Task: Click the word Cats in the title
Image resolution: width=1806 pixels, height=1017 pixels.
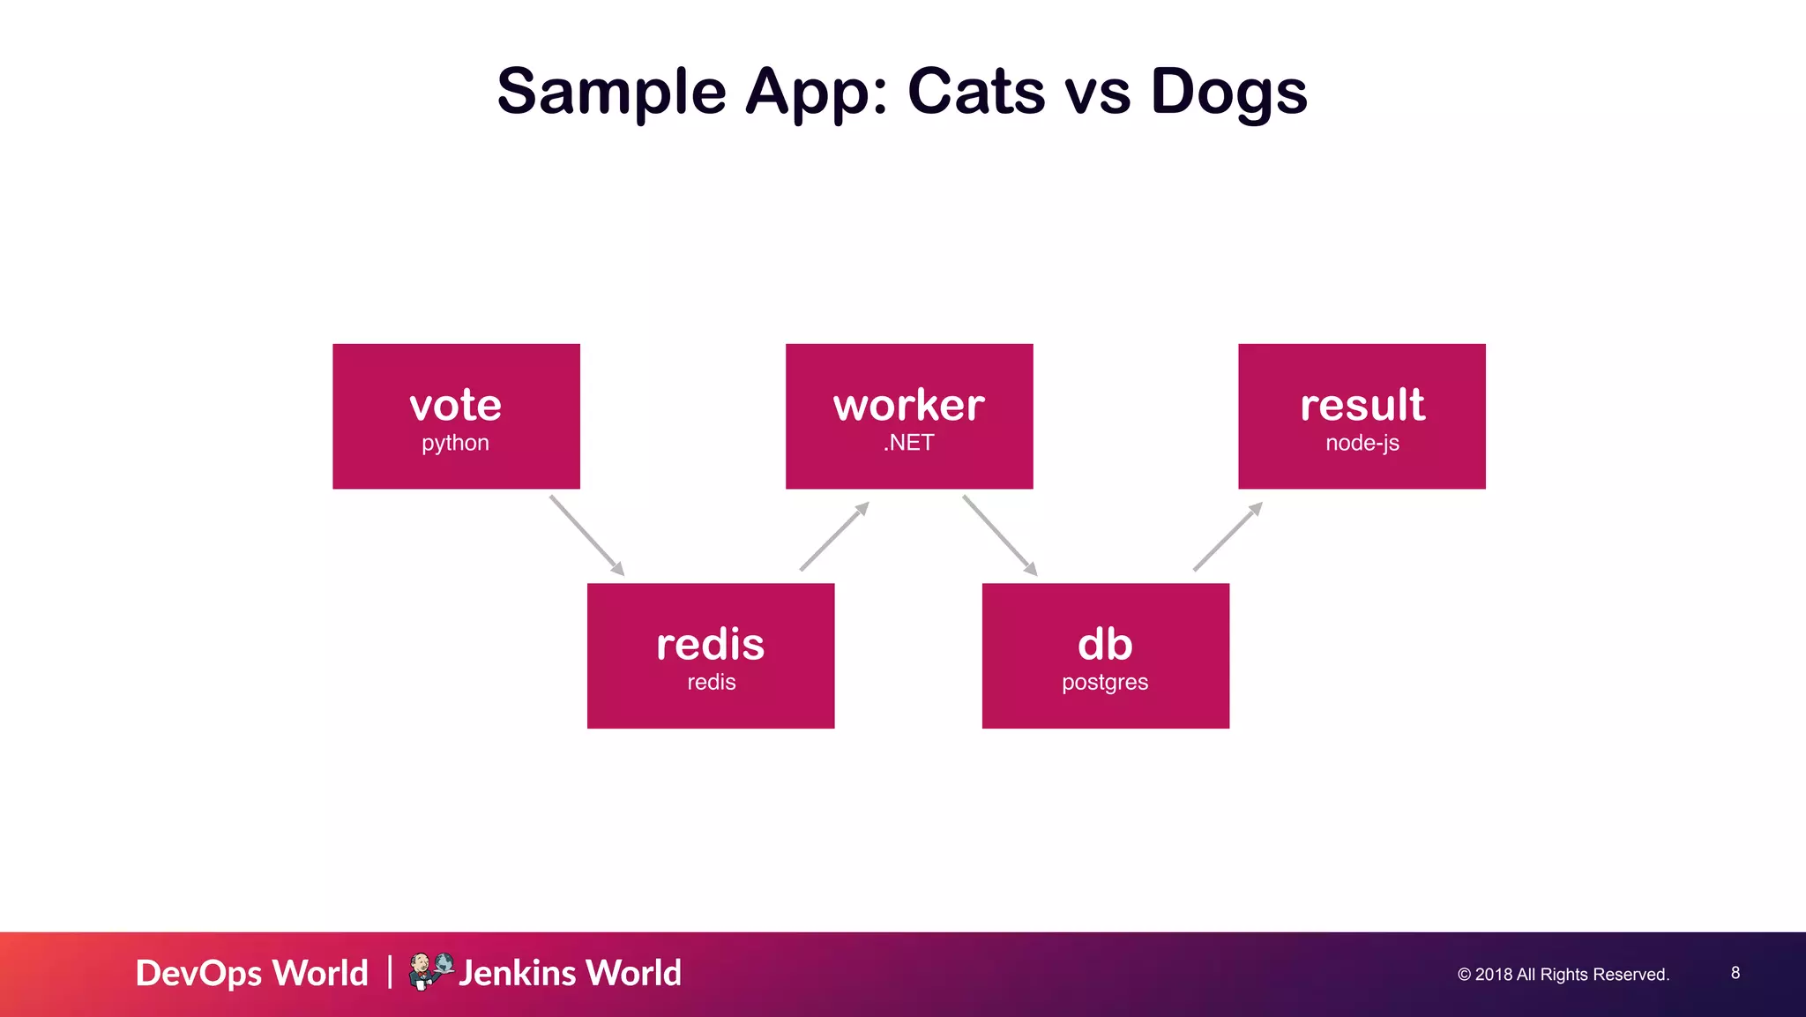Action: point(975,91)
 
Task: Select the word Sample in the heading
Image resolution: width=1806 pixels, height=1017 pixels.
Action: point(611,93)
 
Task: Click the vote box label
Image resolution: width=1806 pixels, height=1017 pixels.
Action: point(455,405)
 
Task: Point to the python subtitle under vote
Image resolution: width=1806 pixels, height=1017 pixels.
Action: point(455,443)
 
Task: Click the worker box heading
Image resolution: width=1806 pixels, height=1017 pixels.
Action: point(908,405)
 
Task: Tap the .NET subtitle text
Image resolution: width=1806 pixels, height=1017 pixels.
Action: point(908,443)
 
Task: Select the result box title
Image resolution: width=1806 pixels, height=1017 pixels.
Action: point(1362,405)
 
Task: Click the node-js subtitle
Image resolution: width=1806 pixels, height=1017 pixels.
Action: point(1362,443)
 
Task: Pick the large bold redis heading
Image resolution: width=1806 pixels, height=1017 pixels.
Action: point(710,645)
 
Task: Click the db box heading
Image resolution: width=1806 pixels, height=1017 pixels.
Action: point(1105,645)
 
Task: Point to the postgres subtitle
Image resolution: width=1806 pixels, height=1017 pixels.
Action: point(1105,683)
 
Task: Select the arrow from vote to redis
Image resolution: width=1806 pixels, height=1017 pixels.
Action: point(586,535)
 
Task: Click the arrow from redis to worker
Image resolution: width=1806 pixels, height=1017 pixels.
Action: point(834,536)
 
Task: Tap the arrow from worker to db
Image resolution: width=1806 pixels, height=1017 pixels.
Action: point(999,535)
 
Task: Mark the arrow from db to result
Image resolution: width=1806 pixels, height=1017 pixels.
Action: point(1228,536)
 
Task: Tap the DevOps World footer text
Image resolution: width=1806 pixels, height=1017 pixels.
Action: point(251,973)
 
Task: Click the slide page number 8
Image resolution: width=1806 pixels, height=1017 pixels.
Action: point(1735,973)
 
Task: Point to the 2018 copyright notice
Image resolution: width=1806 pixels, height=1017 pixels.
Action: point(1563,975)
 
